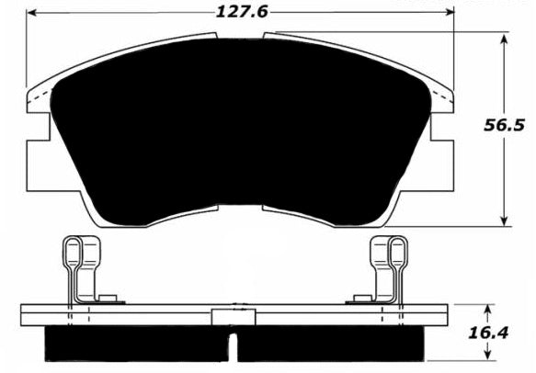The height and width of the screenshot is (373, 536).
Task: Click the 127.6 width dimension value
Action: click(x=242, y=13)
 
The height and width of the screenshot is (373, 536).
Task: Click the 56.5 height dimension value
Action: click(x=504, y=126)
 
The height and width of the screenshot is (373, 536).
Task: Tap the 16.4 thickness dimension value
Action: click(x=488, y=333)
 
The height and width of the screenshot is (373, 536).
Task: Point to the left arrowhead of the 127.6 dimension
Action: click(x=32, y=13)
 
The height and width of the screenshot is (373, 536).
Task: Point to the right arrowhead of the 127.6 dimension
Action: click(x=449, y=12)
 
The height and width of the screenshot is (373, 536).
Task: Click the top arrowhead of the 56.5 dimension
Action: click(x=503, y=40)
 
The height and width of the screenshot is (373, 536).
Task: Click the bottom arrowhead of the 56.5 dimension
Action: click(x=504, y=220)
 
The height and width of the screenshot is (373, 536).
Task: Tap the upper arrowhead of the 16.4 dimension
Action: click(x=488, y=310)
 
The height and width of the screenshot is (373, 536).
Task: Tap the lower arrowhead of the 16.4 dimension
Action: click(x=488, y=355)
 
